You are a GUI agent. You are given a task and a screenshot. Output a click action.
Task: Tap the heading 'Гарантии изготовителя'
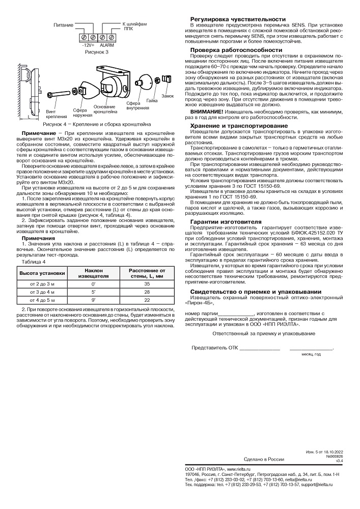click(226, 221)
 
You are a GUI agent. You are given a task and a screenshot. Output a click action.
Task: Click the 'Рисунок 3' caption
click(97, 52)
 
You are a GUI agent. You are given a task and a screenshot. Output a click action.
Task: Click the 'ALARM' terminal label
click(107, 45)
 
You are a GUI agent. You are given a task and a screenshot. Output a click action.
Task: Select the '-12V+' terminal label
click(88, 45)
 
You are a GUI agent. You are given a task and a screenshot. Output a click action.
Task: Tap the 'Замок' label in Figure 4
click(168, 96)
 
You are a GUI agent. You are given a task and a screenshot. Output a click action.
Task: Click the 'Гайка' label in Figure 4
click(151, 101)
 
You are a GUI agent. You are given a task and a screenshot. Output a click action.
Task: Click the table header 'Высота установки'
click(42, 273)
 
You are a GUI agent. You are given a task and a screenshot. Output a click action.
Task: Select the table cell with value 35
click(146, 283)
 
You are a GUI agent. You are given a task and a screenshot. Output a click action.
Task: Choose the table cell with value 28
click(146, 292)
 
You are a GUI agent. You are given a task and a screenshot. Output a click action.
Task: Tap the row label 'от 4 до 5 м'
click(42, 301)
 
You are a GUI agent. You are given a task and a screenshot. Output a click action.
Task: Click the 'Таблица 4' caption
click(33, 262)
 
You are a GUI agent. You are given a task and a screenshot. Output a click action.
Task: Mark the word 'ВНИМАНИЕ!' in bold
click(207, 111)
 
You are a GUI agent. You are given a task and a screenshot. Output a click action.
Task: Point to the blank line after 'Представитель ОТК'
click(259, 348)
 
